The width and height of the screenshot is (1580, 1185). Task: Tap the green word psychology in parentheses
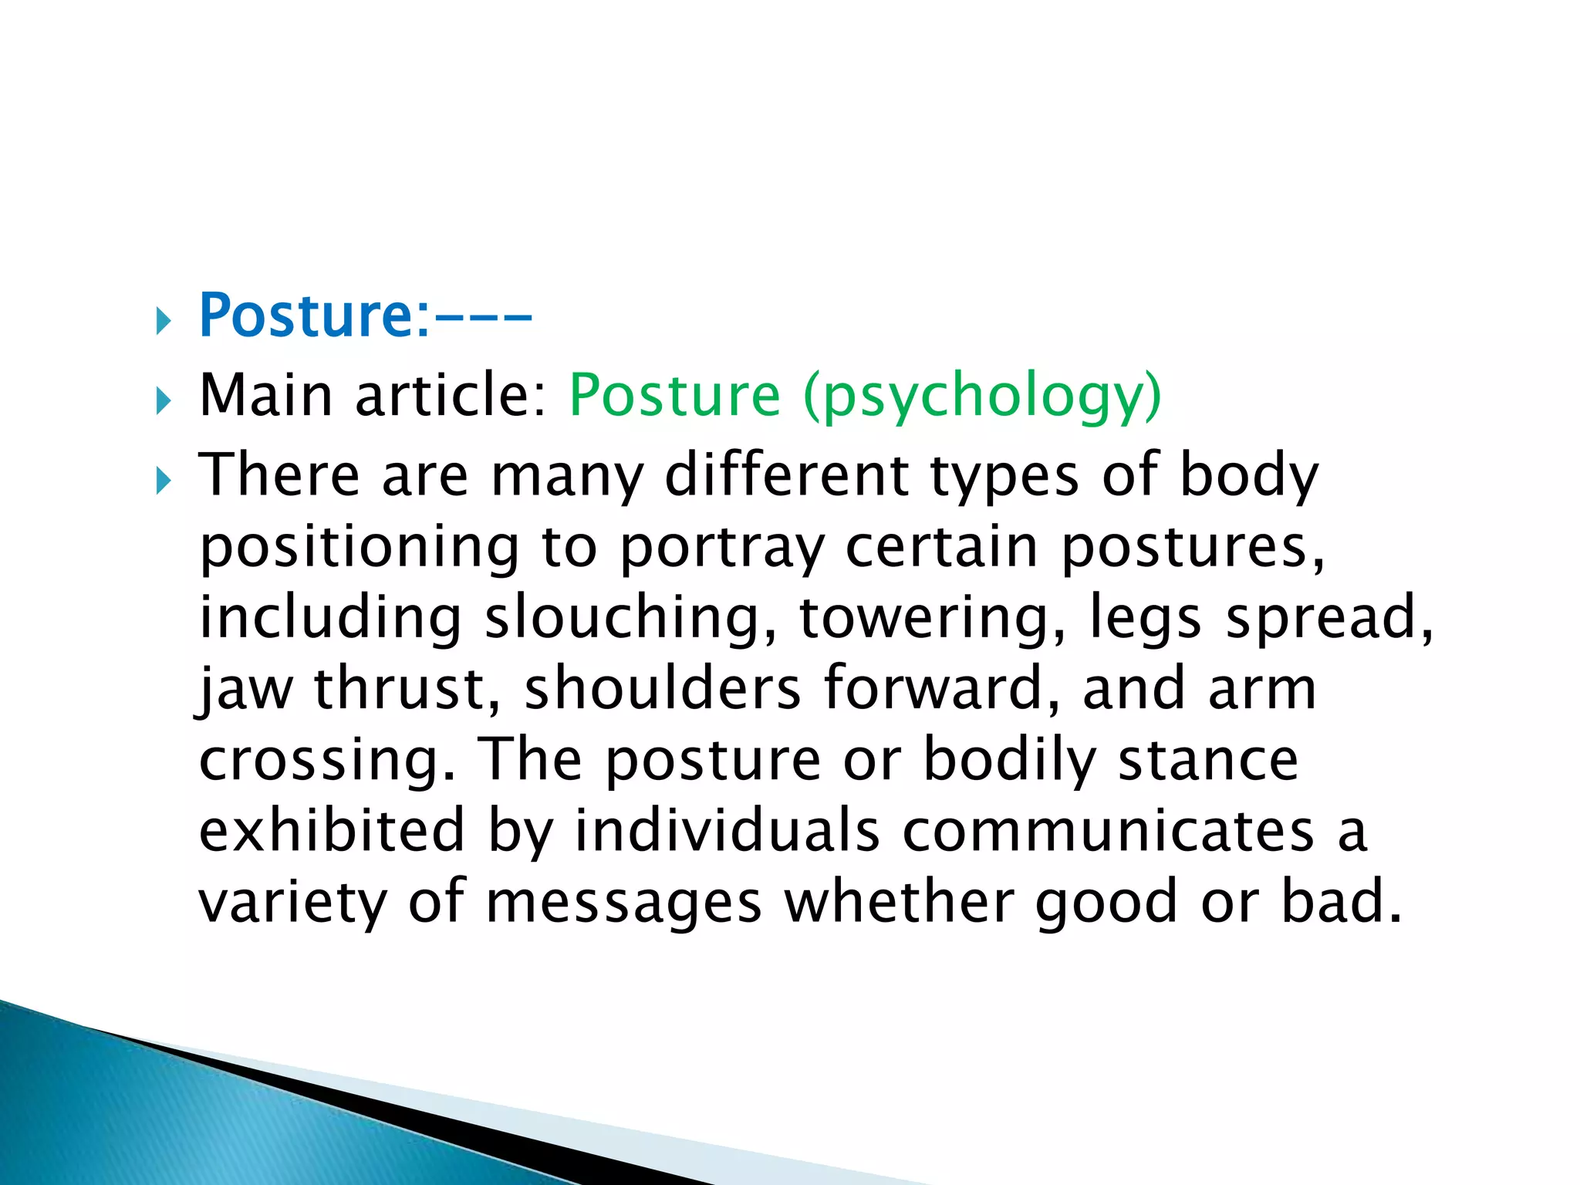click(x=981, y=396)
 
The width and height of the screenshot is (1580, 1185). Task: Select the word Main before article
click(x=266, y=395)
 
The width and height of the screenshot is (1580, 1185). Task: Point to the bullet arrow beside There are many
click(x=162, y=482)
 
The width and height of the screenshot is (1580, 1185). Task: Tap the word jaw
click(x=246, y=689)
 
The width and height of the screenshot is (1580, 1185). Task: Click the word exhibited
click(x=333, y=830)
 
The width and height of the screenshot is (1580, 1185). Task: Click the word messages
click(x=623, y=903)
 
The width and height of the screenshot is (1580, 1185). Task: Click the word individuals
click(x=727, y=830)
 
